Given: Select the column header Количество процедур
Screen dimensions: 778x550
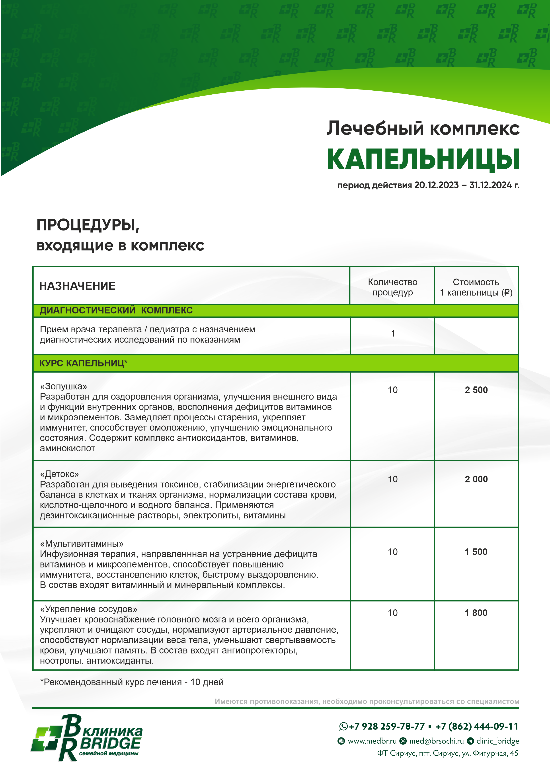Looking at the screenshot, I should click(392, 287).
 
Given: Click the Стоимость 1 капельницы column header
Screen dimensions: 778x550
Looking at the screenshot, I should click(476, 287).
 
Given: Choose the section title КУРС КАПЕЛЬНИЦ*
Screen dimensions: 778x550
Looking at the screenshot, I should click(83, 363).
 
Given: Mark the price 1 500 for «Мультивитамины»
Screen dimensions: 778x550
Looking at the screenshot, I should click(476, 552).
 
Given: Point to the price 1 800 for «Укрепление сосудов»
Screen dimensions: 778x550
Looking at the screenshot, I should click(476, 613).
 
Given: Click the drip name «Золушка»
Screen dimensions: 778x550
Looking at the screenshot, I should click(63, 386).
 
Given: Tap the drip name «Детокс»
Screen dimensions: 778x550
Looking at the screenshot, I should click(59, 474).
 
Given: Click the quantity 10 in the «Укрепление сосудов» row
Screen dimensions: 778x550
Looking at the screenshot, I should click(392, 613).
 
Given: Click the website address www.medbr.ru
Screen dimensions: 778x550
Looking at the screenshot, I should click(372, 741).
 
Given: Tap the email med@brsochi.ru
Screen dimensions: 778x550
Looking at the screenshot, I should click(436, 741).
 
